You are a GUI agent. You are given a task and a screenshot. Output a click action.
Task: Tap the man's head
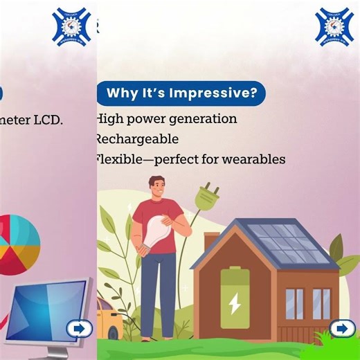coord(157,186)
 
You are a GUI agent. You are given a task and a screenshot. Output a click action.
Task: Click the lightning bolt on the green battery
coord(235,303)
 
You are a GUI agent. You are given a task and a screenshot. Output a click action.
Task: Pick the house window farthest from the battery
coord(321,303)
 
